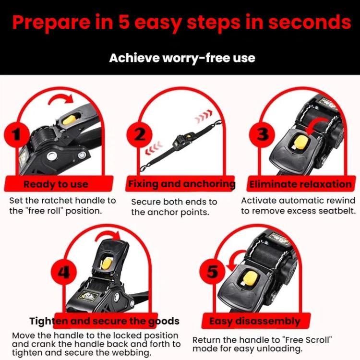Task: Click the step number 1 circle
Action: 17,134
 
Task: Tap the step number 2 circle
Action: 139,134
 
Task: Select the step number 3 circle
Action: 262,134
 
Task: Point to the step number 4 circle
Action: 63,273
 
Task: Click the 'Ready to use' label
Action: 56,184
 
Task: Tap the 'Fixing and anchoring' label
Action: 182,184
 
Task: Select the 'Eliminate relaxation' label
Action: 300,184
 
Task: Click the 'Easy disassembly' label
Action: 254,321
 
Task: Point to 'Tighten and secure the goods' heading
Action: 105,321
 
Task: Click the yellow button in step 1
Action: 69,120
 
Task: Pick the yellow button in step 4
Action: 106,264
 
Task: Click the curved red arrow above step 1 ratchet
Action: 61,99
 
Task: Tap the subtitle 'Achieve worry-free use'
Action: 182,58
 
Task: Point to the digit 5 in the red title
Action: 124,22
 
